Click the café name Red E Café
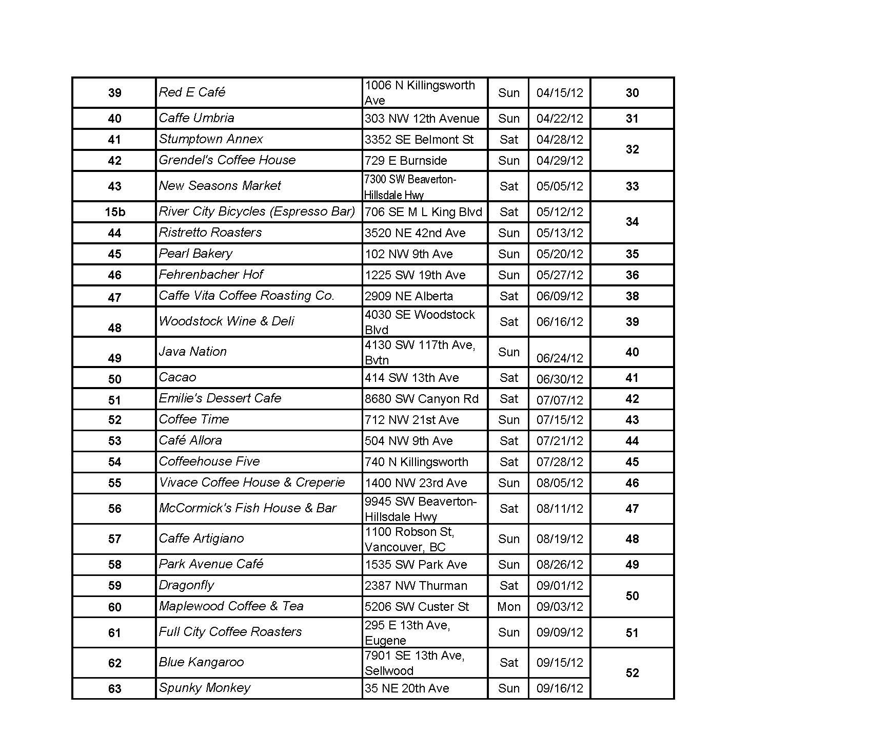pos(192,92)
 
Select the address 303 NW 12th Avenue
pos(422,119)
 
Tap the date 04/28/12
pos(560,140)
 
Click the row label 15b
pos(114,212)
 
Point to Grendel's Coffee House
pos(227,160)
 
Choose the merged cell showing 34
pos(632,222)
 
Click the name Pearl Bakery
pos(195,254)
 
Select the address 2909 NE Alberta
pos(409,296)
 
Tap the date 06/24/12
pos(560,358)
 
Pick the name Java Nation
pos(192,352)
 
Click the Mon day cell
pos(508,607)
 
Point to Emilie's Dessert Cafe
pos(220,398)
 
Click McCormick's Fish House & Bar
pos(247,508)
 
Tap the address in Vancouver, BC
pos(409,539)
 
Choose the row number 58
pos(114,565)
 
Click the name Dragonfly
pos(186,586)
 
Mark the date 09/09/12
pos(560,632)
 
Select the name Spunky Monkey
pos(204,688)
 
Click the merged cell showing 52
pos(632,673)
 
